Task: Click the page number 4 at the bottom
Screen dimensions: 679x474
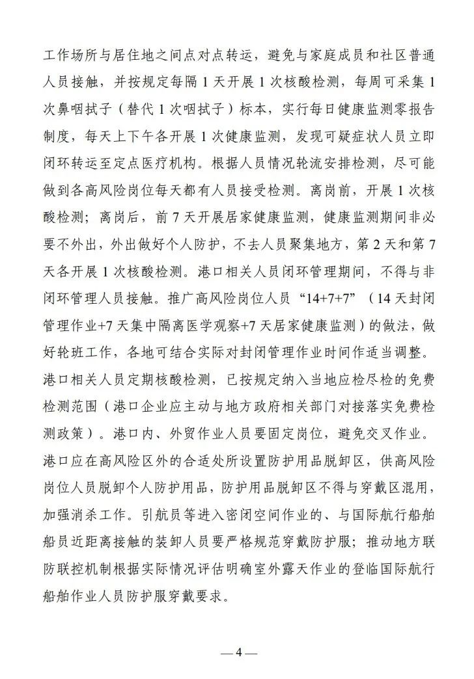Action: [x=238, y=652]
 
